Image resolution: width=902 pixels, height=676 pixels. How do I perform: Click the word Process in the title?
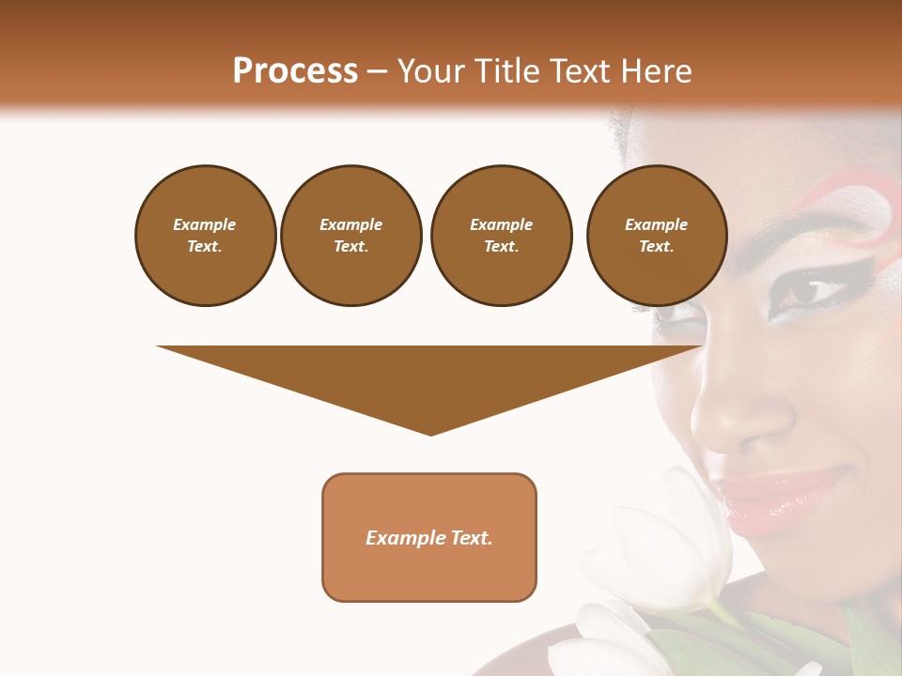coord(295,71)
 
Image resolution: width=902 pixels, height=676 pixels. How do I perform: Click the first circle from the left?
coord(205,235)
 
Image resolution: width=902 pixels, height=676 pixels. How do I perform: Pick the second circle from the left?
coord(350,235)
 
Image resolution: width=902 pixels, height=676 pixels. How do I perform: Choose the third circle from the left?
coord(501,235)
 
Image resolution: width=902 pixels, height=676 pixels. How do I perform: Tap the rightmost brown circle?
coord(656,235)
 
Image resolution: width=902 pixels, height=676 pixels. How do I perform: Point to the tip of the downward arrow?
coord(431,433)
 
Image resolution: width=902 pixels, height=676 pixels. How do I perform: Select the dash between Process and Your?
coord(378,71)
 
